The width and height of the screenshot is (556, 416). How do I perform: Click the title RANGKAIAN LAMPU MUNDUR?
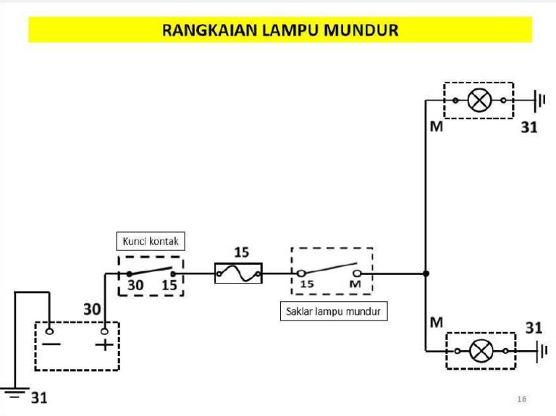[280, 30]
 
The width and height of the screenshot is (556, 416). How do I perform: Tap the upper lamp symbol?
[479, 100]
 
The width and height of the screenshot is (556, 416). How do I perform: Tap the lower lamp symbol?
[481, 352]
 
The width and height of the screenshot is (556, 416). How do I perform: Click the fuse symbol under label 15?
[238, 273]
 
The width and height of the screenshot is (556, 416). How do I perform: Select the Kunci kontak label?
[150, 241]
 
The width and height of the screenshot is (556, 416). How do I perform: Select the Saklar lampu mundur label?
[333, 313]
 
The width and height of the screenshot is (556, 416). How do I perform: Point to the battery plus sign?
[105, 344]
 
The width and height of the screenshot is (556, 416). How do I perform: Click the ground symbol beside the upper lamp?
[539, 100]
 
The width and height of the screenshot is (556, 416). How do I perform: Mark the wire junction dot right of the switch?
[426, 273]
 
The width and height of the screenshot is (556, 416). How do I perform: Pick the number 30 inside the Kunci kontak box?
[135, 285]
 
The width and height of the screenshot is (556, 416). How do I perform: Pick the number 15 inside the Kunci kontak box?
[169, 285]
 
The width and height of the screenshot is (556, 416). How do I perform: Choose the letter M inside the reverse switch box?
[355, 284]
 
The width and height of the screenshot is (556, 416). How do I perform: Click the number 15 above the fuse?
[241, 252]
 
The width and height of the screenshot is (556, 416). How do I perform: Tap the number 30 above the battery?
[91, 309]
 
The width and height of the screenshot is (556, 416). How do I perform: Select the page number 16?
[522, 399]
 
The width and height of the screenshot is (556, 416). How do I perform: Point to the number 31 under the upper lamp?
[529, 128]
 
